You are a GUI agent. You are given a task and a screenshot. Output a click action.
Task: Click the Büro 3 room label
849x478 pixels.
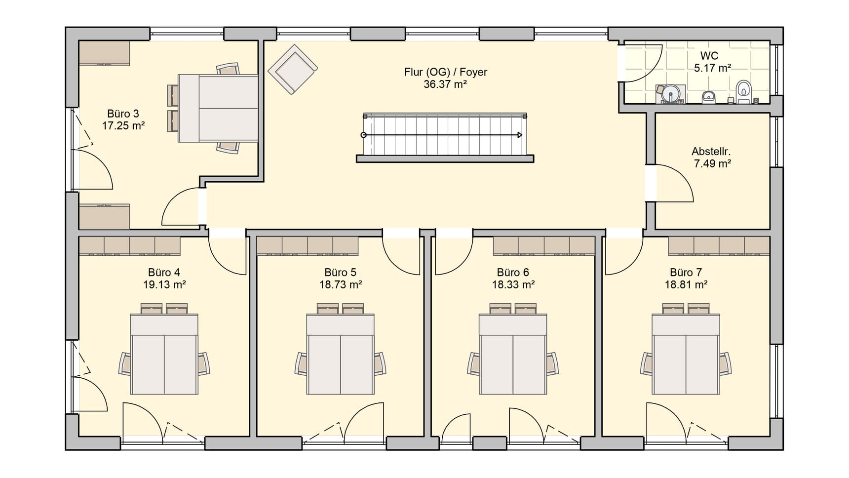[123, 114]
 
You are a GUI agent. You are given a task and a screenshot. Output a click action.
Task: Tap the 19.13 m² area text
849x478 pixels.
[164, 284]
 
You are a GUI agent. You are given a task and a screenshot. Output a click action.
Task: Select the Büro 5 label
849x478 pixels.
[341, 273]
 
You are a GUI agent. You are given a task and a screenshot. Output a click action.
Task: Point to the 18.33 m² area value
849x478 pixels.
[513, 284]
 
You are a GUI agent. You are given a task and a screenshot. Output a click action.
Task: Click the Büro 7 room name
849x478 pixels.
[686, 273]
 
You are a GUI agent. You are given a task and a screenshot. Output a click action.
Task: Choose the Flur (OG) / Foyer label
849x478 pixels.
[445, 72]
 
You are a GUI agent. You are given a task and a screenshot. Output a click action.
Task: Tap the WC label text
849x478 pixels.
[709, 56]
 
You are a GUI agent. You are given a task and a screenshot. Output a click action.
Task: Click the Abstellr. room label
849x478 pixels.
[711, 152]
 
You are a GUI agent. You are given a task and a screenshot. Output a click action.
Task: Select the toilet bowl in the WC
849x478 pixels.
[743, 92]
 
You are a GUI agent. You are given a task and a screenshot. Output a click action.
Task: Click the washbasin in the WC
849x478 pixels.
[709, 97]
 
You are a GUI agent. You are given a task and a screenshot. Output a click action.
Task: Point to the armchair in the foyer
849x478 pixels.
[292, 69]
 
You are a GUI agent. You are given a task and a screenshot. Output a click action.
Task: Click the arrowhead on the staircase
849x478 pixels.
[519, 135]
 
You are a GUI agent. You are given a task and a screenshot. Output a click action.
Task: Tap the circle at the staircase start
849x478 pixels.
[364, 135]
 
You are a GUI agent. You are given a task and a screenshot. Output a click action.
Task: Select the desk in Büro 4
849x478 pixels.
[164, 354]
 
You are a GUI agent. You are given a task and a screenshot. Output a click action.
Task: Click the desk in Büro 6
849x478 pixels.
[513, 354]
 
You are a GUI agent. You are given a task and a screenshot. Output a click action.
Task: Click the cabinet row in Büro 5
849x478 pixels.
[308, 246]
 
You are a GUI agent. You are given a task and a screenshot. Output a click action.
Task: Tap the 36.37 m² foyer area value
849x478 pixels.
[445, 84]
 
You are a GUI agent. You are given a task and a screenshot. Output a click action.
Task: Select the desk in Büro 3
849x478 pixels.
[218, 108]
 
